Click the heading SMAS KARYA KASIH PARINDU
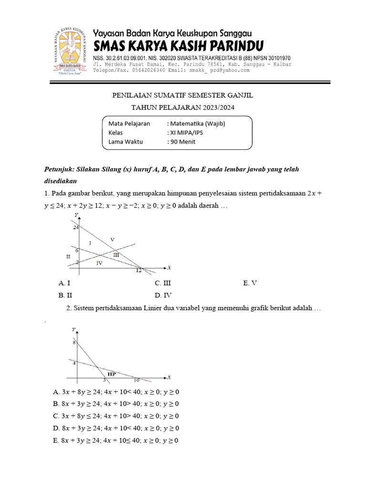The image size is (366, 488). pyautogui.click(x=178, y=46)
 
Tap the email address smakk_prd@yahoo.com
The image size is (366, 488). pyautogui.click(x=219, y=70)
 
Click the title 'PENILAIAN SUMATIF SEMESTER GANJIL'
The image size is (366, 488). pyautogui.click(x=183, y=95)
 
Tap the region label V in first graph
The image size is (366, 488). pyautogui.click(x=112, y=239)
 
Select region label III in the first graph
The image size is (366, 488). pyautogui.click(x=116, y=255)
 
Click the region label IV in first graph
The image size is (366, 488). pyautogui.click(x=99, y=263)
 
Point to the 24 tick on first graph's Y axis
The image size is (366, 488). pyautogui.click(x=76, y=228)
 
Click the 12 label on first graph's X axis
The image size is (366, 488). pyautogui.click(x=139, y=271)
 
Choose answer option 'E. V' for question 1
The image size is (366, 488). pyautogui.click(x=250, y=283)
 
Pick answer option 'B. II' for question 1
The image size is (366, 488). pyautogui.click(x=65, y=295)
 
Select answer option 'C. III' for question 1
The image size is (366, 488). pyautogui.click(x=163, y=283)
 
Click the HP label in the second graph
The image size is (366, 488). pyautogui.click(x=112, y=374)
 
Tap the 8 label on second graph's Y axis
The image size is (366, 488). pyautogui.click(x=74, y=343)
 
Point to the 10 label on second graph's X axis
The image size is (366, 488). pyautogui.click(x=136, y=380)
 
